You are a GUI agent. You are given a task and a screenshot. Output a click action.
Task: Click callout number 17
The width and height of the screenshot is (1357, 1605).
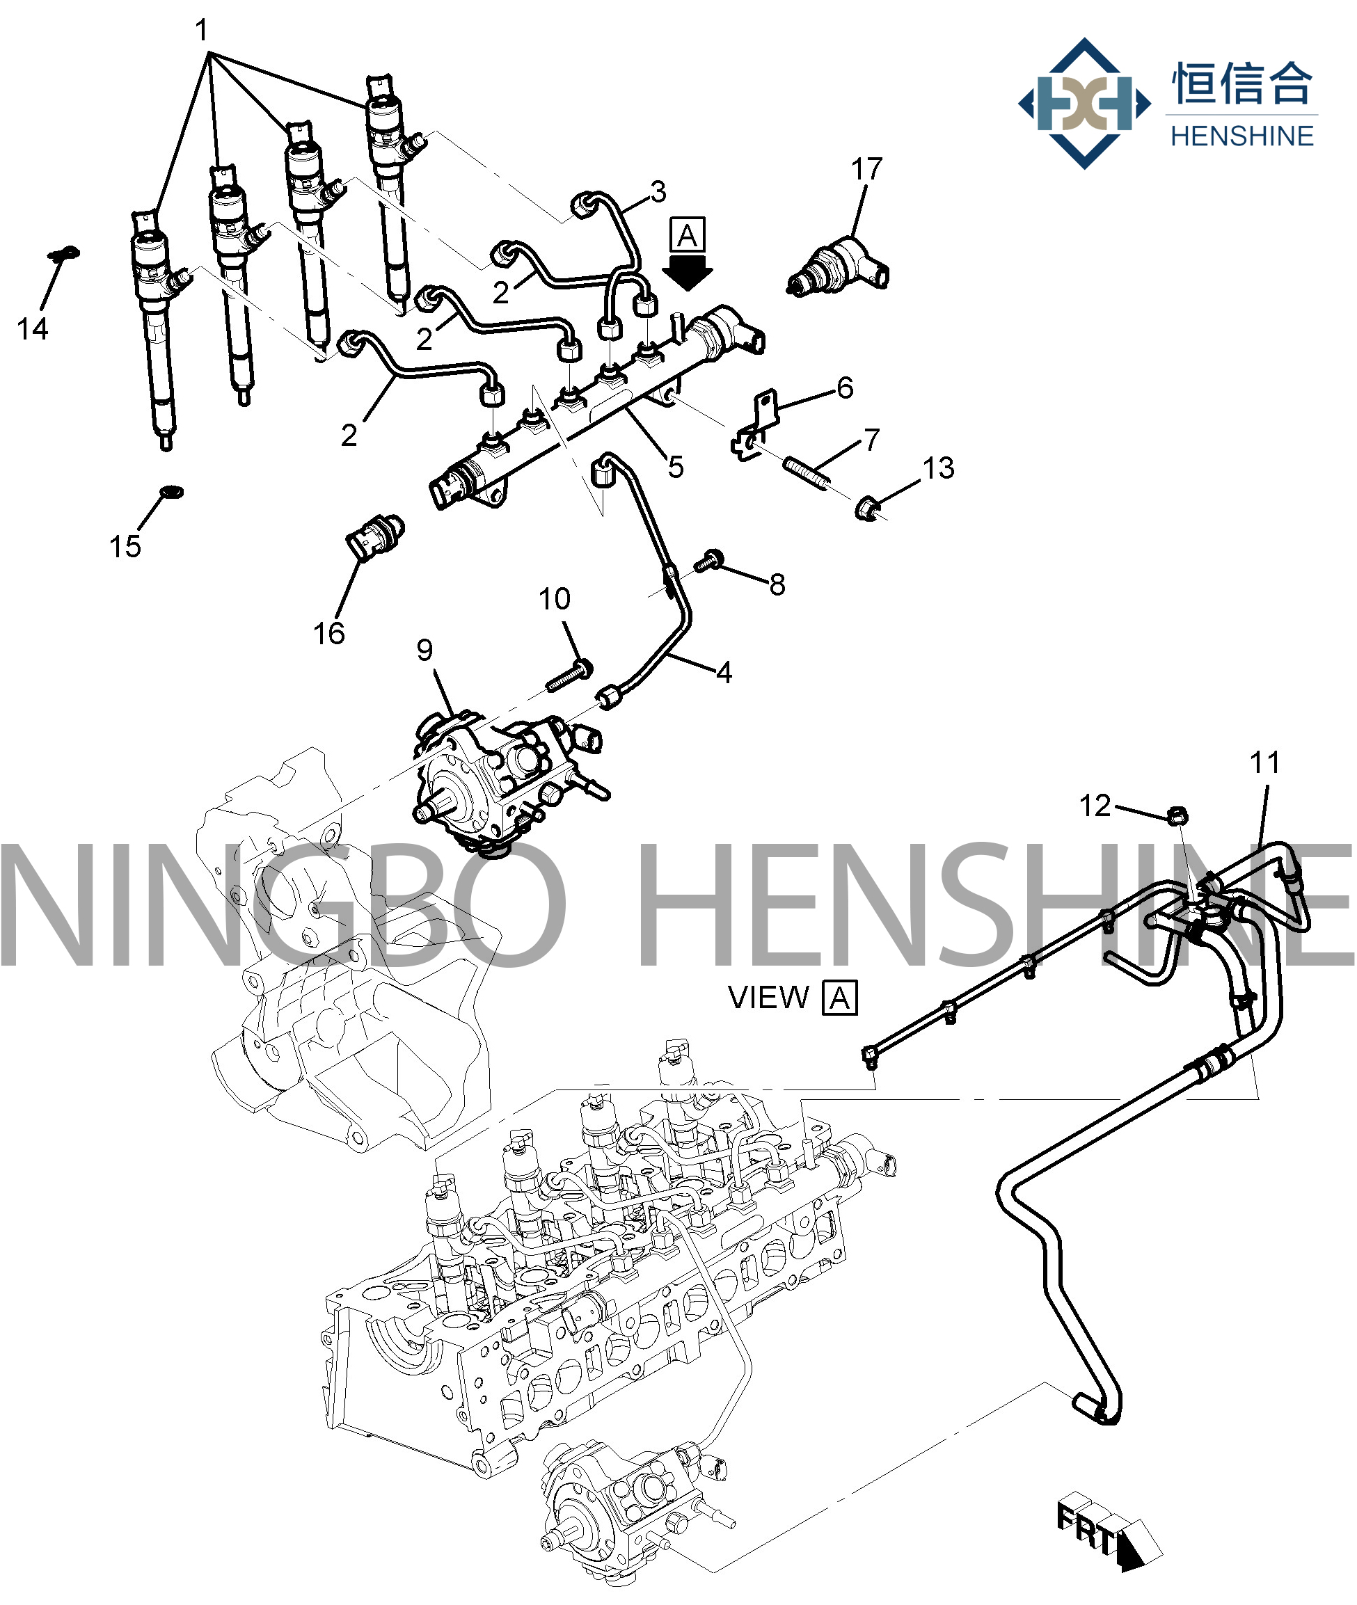pyautogui.click(x=866, y=169)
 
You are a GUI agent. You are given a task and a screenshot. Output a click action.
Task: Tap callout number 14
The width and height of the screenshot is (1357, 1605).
pyautogui.click(x=32, y=329)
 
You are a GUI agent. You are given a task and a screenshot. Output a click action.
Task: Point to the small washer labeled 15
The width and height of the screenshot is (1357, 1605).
pyautogui.click(x=170, y=490)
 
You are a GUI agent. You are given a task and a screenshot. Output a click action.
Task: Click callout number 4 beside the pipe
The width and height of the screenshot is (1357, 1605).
pyautogui.click(x=724, y=673)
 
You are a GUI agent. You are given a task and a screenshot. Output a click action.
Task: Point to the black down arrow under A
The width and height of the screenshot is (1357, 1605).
pyautogui.click(x=687, y=273)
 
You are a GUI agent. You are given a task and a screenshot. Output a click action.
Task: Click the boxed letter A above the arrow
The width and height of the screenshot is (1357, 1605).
pyautogui.click(x=687, y=234)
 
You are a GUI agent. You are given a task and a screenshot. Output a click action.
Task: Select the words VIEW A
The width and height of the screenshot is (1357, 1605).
pyautogui.click(x=793, y=998)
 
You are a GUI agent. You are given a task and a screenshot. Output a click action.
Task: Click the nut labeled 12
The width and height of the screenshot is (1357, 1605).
pyautogui.click(x=1177, y=815)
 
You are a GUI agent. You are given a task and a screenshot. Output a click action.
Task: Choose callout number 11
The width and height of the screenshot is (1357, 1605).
pyautogui.click(x=1264, y=763)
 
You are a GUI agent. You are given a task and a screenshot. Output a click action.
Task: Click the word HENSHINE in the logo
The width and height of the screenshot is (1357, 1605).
pyautogui.click(x=1241, y=136)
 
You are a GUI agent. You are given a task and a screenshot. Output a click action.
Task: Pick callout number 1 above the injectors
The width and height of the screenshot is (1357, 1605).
pyautogui.click(x=202, y=31)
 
